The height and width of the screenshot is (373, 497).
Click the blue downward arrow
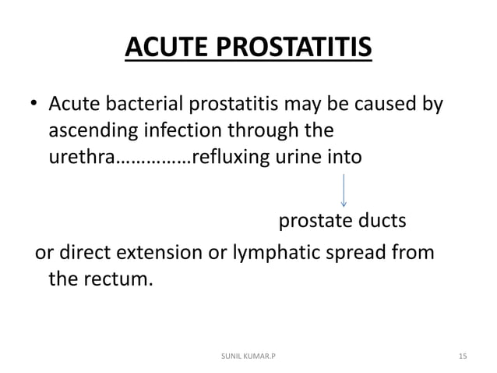(x=344, y=190)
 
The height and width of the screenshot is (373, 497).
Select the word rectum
(x=116, y=279)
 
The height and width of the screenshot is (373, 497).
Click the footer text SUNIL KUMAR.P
(x=248, y=356)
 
